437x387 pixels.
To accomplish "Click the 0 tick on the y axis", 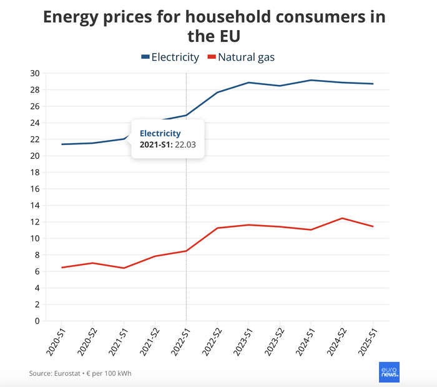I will coord(37,321).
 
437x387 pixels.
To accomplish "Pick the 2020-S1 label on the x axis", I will coord(54,341).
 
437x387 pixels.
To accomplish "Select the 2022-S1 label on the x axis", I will coord(179,341).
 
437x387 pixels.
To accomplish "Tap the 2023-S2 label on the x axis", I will coord(272,341).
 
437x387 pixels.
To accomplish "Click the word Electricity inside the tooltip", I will coord(160,133).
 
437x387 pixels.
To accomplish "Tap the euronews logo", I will coord(389,372).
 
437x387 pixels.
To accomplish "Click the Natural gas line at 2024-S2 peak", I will coord(342,218).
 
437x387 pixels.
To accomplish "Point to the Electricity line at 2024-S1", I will coord(311,80).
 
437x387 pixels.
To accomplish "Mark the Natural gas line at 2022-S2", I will coord(217,228).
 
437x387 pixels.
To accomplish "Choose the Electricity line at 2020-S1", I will coord(61,144).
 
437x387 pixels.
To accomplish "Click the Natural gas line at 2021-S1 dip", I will coord(124,268).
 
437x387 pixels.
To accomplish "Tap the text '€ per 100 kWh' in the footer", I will coord(111,373).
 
